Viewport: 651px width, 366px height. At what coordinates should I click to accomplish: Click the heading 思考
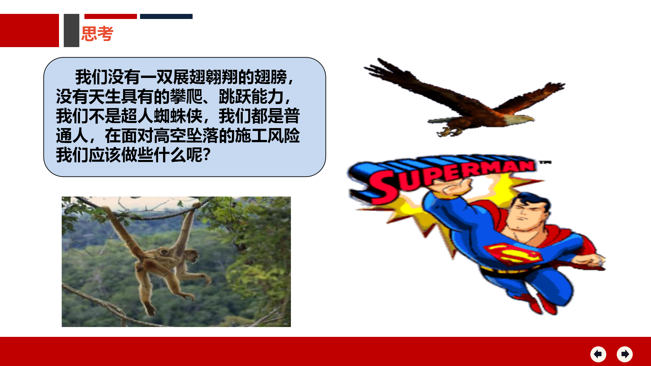[97, 34]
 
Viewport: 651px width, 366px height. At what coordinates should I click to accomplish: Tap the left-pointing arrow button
[598, 354]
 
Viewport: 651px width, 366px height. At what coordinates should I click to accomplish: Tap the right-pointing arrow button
[625, 354]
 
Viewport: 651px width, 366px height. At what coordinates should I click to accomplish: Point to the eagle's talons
[449, 130]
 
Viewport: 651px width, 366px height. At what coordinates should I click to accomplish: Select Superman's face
[527, 215]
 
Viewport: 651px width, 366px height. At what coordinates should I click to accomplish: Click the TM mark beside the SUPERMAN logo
[546, 163]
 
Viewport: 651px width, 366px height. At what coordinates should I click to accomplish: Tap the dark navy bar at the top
[166, 16]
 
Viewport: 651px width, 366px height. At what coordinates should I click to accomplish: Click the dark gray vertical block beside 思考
[72, 30]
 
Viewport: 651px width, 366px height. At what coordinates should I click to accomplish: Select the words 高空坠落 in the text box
[186, 136]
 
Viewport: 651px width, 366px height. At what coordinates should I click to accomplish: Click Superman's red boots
[539, 303]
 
